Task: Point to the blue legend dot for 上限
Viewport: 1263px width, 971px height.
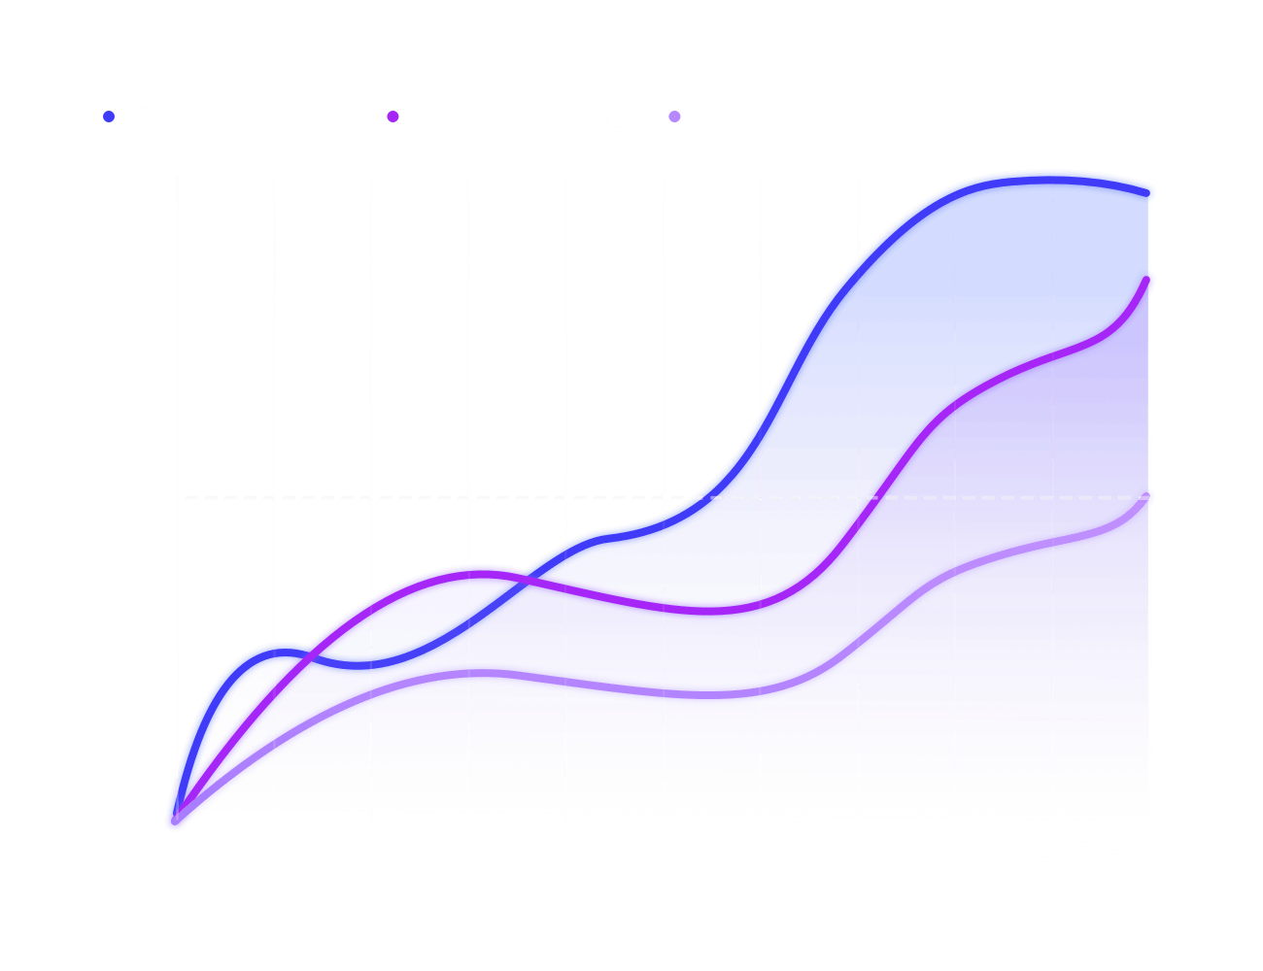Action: (x=109, y=117)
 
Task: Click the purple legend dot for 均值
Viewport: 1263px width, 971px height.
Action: (x=393, y=117)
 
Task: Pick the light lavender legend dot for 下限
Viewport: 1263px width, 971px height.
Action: (x=674, y=117)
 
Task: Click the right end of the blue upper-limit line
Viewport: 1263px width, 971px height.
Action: (x=1149, y=193)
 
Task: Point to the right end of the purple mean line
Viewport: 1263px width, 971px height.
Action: (x=1149, y=282)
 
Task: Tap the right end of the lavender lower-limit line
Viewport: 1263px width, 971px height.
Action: (x=1149, y=497)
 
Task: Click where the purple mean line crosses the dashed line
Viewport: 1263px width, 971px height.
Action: (x=875, y=498)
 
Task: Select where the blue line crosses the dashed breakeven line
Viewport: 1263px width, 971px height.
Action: (x=697, y=498)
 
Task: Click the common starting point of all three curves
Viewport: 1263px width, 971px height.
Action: (x=175, y=822)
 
